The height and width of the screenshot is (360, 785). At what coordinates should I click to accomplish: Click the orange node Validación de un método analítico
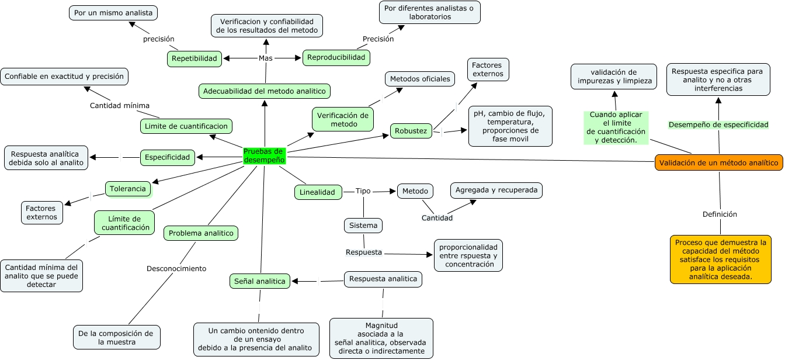[x=718, y=163]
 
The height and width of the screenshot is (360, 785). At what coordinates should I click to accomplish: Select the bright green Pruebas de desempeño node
[x=264, y=155]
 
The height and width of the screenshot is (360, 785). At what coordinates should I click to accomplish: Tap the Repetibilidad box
[x=194, y=58]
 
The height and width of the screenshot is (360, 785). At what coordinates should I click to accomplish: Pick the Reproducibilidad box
[x=336, y=57]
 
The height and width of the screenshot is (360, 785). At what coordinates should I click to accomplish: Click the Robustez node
[x=411, y=131]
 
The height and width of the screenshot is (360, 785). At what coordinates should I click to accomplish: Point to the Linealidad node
[x=317, y=192]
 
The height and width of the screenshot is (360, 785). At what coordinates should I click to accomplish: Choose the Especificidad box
[x=168, y=157]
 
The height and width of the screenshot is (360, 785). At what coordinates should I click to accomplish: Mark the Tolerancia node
[x=128, y=189]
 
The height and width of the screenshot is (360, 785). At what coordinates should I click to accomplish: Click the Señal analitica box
[x=260, y=281]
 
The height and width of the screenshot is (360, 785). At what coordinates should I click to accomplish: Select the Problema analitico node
[x=201, y=233]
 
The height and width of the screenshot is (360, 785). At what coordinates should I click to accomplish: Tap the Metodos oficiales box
[x=420, y=79]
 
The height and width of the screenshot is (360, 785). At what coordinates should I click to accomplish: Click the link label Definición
[x=720, y=214]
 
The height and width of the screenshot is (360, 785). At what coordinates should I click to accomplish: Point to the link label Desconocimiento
[x=176, y=269]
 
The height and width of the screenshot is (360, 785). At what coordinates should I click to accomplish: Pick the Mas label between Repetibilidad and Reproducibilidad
[x=266, y=58]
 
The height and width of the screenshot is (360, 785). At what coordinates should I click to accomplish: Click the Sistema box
[x=363, y=225]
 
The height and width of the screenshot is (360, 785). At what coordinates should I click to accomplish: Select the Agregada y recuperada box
[x=496, y=191]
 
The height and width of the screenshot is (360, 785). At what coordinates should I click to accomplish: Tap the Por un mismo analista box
[x=113, y=12]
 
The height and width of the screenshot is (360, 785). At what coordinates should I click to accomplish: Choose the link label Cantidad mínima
[x=120, y=106]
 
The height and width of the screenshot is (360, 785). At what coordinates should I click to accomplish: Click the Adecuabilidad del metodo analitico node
[x=265, y=91]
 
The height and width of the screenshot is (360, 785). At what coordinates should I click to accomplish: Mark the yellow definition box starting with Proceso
[x=720, y=259]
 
